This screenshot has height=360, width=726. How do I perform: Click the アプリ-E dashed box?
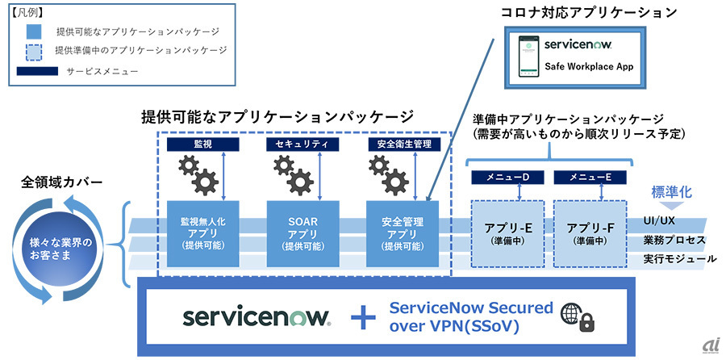pyautogui.click(x=507, y=232)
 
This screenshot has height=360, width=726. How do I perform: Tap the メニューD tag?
pyautogui.click(x=507, y=177)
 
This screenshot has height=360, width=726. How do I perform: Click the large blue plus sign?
pyautogui.click(x=364, y=316)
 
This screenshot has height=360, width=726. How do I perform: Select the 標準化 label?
pyautogui.click(x=673, y=195)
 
